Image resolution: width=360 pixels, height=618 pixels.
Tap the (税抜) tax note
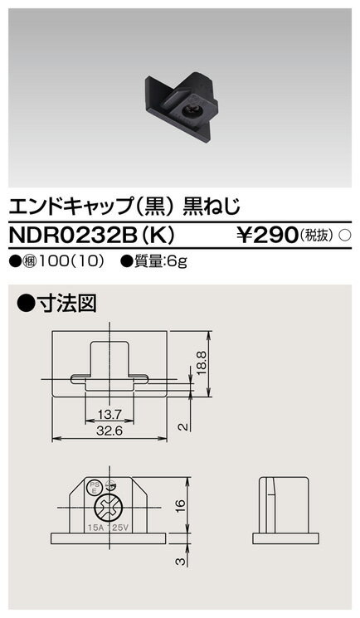pyautogui.click(x=318, y=237)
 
